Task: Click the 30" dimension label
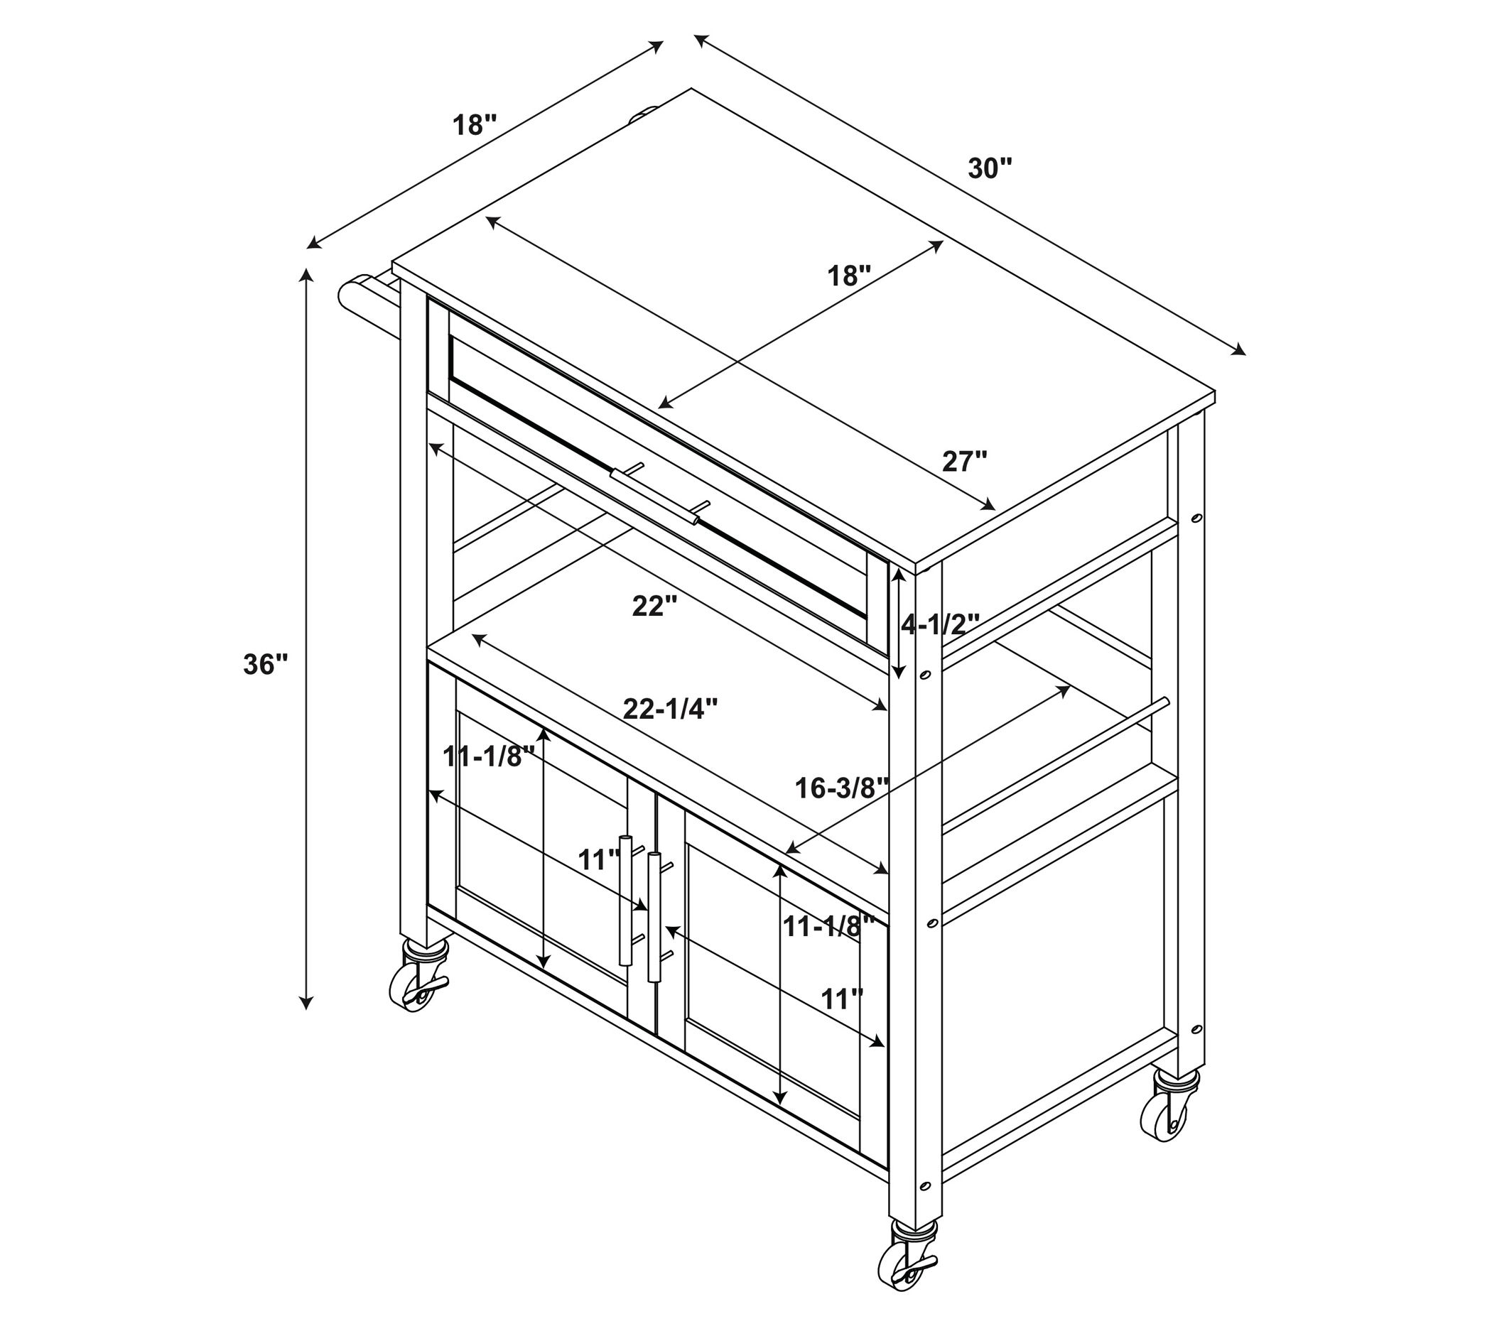[x=990, y=168]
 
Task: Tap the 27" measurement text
[x=964, y=461]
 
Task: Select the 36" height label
[x=266, y=665]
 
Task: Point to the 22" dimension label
[x=656, y=606]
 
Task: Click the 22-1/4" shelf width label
[x=670, y=708]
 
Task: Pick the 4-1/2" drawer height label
[x=939, y=624]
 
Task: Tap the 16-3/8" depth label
[x=842, y=788]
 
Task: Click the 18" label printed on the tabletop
[x=850, y=276]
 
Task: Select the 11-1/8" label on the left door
[x=490, y=756]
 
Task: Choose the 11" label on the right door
[x=843, y=999]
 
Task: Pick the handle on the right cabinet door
[x=656, y=918]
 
